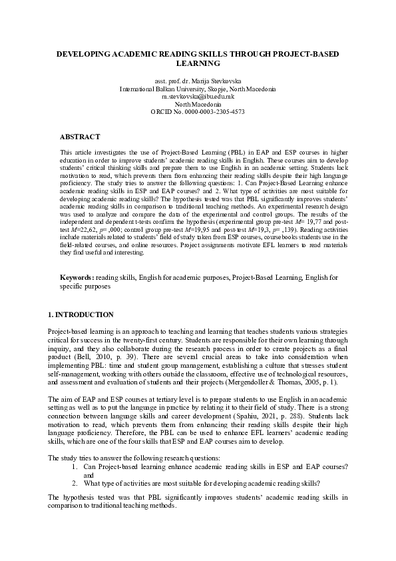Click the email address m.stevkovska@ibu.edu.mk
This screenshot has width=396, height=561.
tap(198, 97)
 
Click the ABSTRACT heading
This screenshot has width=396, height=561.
tap(80, 137)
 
